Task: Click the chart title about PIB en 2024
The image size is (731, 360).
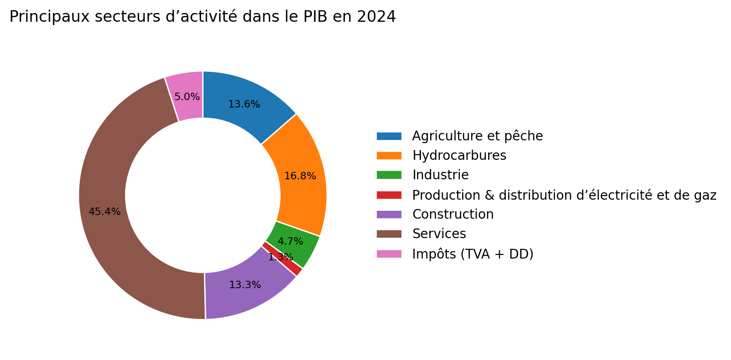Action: click(203, 17)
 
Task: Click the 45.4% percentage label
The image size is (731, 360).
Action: click(104, 212)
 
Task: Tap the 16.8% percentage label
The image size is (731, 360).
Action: click(300, 176)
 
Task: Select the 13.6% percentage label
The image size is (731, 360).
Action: click(244, 104)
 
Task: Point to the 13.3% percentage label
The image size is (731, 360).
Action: click(245, 285)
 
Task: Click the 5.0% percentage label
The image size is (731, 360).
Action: click(187, 97)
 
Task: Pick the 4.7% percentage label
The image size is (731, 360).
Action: click(290, 241)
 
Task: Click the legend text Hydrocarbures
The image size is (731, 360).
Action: click(459, 156)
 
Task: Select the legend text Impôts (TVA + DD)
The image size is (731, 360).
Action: click(472, 254)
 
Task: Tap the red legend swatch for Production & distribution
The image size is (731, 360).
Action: click(389, 195)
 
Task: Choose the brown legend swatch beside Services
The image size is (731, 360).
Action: click(389, 234)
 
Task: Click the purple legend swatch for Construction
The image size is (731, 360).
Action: click(389, 215)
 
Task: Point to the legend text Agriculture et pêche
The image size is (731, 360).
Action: click(477, 136)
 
